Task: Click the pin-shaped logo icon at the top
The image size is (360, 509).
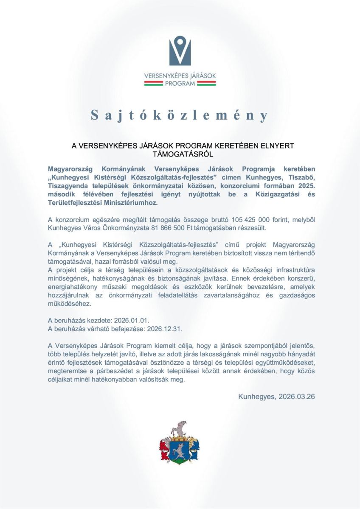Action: pyautogui.click(x=180, y=50)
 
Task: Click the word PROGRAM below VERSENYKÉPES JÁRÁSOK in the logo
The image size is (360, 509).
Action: pyautogui.click(x=180, y=84)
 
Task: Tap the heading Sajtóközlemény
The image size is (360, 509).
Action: pyautogui.click(x=180, y=115)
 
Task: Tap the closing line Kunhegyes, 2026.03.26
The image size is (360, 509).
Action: pyautogui.click(x=276, y=397)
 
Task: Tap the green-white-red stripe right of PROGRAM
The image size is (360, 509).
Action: pyautogui.click(x=206, y=84)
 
